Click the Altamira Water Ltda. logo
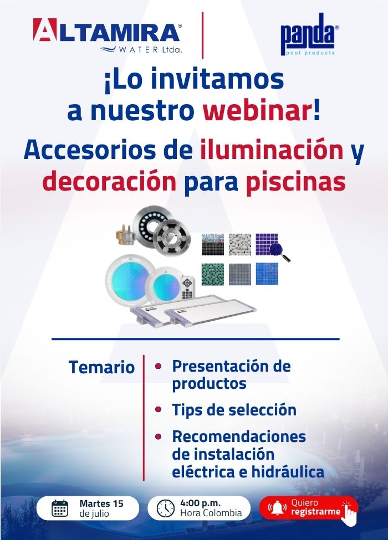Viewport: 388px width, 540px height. (108, 35)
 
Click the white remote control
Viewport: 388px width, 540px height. (188, 287)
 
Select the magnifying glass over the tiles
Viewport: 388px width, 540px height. (279, 252)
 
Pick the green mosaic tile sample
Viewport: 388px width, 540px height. (213, 274)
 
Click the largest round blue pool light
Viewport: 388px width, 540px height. (128, 278)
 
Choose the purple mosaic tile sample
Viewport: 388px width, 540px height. (267, 244)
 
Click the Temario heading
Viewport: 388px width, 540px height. (101, 367)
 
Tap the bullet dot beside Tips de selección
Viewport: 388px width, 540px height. (158, 409)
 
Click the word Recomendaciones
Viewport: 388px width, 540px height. (239, 436)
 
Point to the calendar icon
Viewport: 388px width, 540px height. (60, 508)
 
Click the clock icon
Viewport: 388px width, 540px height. (166, 508)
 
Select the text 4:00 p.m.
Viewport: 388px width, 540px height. (200, 503)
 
